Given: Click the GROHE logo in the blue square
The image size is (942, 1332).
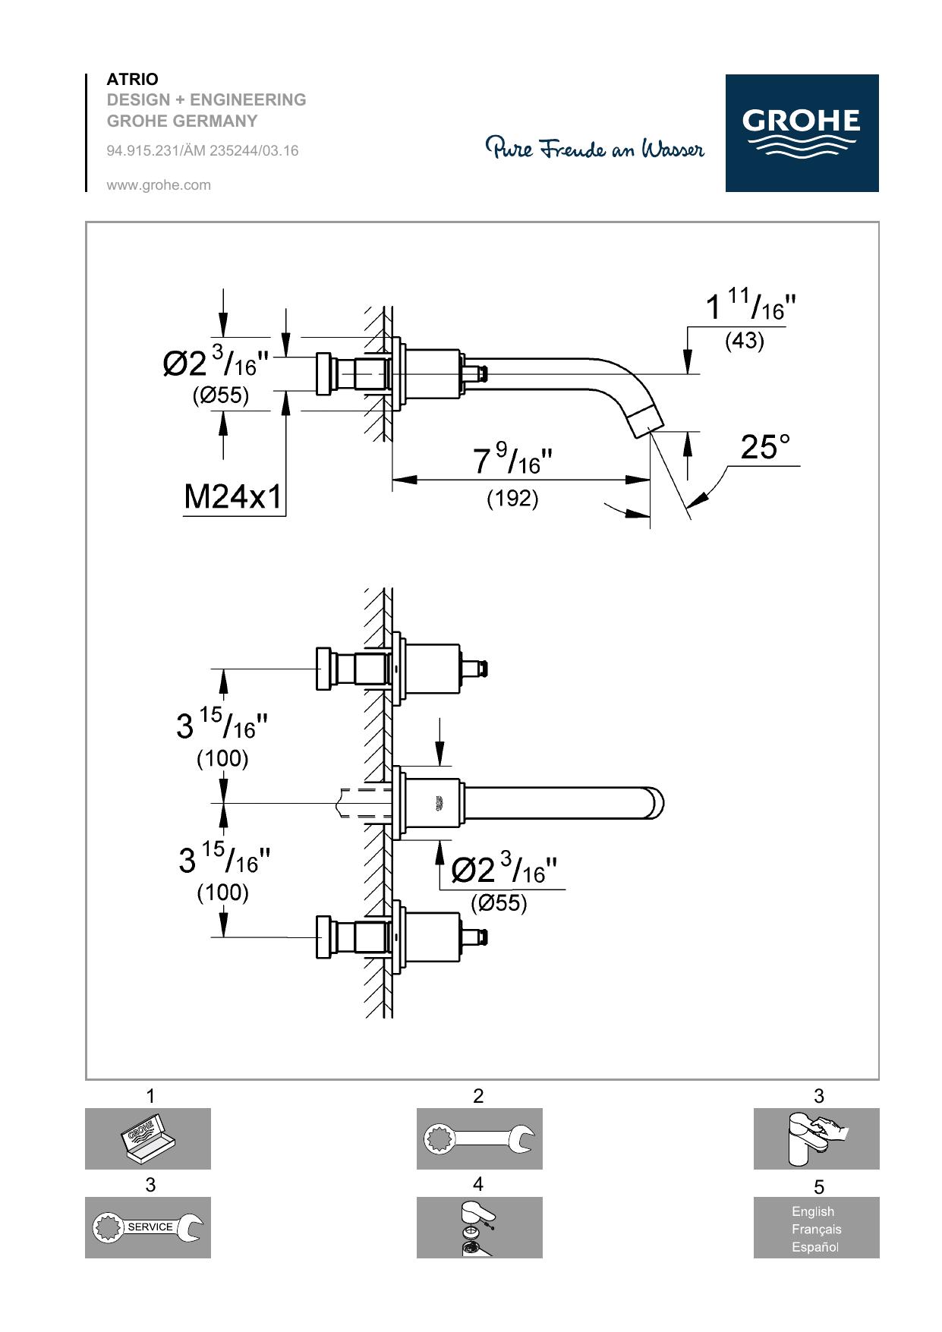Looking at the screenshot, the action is click(802, 133).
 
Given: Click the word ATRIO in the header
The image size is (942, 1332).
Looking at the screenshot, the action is click(133, 79).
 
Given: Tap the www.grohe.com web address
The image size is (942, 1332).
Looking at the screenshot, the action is click(159, 184).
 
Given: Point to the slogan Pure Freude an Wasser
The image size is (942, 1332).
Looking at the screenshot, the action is click(595, 147).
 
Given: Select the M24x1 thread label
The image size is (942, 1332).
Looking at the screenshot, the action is click(232, 497).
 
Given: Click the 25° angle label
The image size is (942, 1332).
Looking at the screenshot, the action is click(765, 447).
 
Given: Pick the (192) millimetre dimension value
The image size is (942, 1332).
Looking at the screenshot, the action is click(512, 498).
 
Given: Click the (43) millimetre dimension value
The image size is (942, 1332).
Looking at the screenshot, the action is click(744, 341).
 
